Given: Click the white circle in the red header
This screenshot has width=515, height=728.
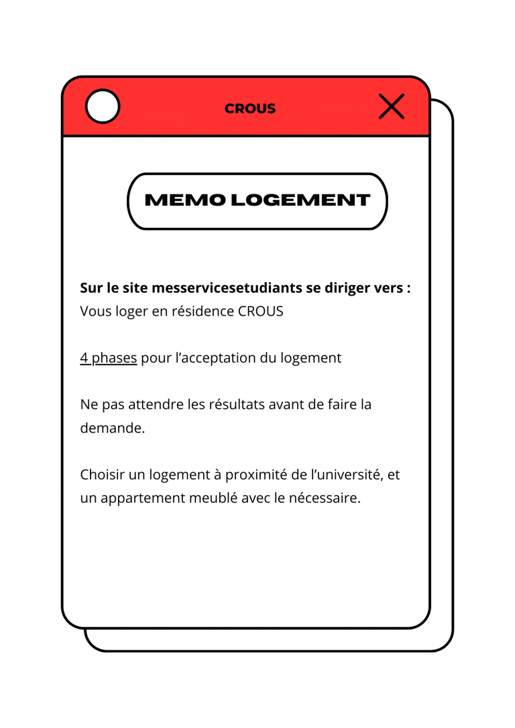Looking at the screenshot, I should click(x=103, y=107).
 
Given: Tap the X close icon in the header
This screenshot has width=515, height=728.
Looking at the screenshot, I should click(x=392, y=107).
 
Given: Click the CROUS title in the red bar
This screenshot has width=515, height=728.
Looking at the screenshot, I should click(x=250, y=109).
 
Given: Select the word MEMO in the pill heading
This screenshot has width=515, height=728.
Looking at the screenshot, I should click(x=185, y=200).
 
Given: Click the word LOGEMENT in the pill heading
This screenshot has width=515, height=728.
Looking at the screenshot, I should click(x=300, y=200).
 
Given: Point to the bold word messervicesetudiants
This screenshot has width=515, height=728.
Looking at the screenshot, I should click(x=227, y=288).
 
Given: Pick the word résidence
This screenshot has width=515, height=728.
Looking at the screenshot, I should click(x=203, y=312).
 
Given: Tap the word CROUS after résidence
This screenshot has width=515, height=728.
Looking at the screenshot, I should click(x=261, y=312).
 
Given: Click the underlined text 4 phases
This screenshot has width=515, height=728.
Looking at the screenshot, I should click(x=109, y=358).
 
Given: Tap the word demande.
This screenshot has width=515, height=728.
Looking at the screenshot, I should click(x=112, y=428).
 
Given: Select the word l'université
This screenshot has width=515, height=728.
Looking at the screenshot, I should click(x=344, y=475).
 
